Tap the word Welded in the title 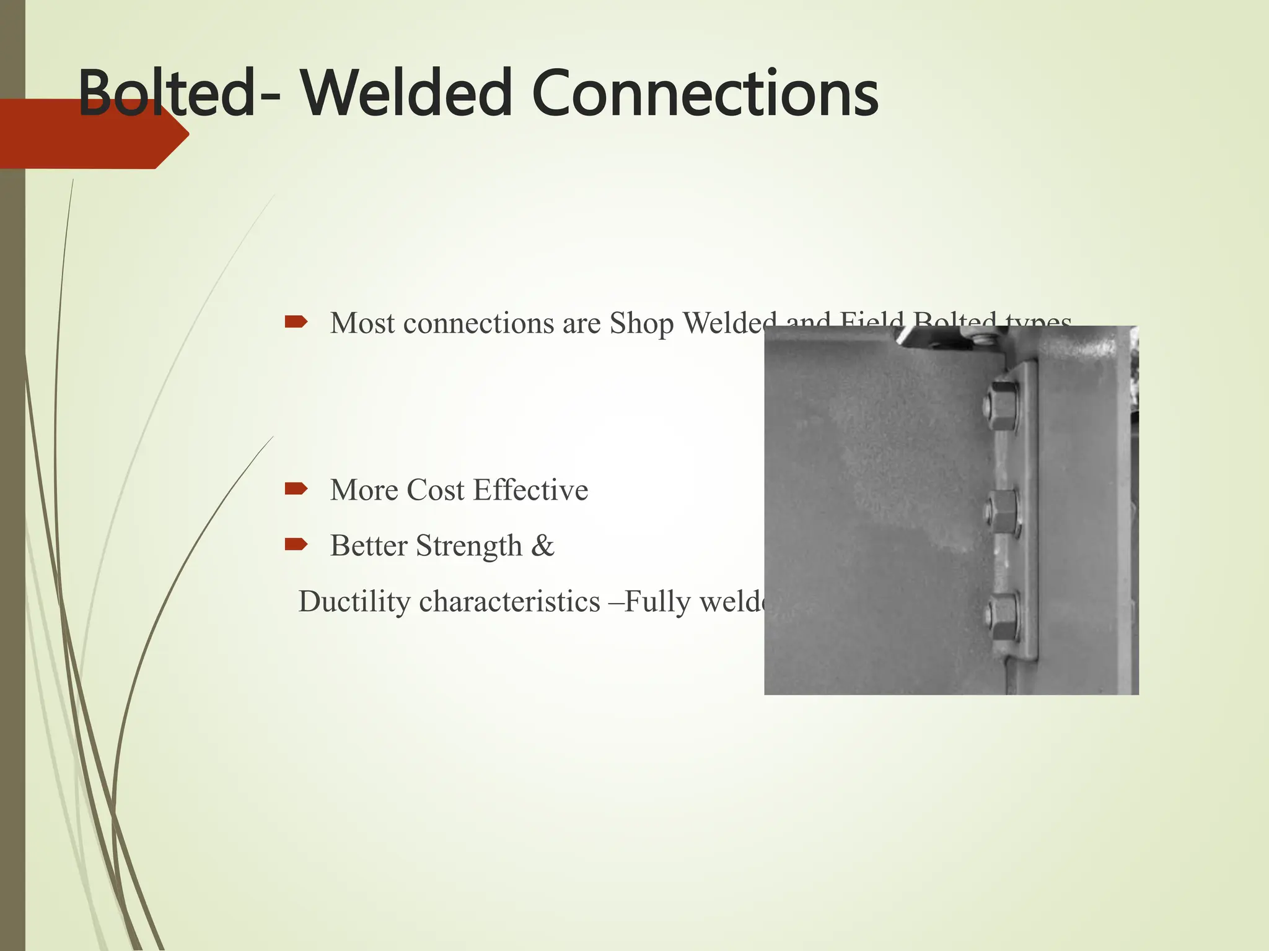(406, 94)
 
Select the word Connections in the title (705, 94)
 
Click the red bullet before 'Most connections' (296, 321)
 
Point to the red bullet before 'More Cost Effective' (296, 489)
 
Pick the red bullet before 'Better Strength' (296, 544)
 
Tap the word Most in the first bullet (362, 323)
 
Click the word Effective (530, 490)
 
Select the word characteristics (509, 602)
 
